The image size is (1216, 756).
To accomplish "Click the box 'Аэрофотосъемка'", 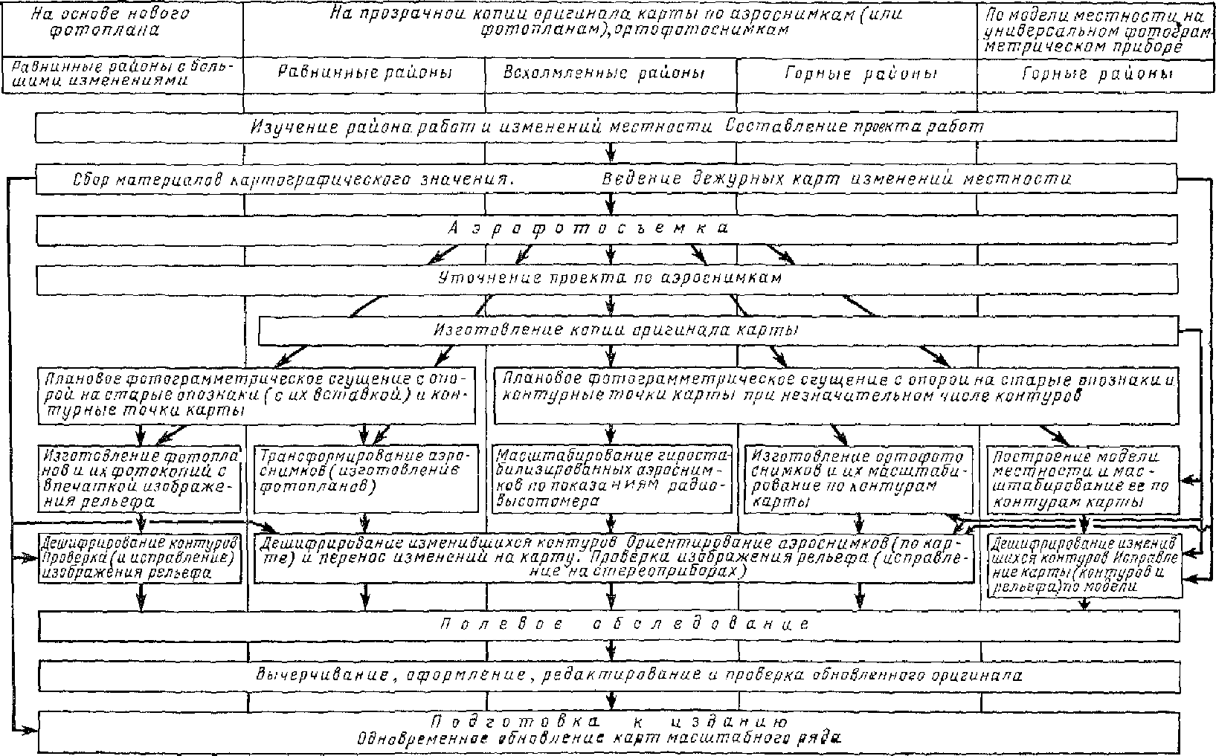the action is point(606,229).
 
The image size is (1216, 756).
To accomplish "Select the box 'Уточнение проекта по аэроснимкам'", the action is point(606,280).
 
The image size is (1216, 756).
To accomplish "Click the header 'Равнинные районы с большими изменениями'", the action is point(122,74).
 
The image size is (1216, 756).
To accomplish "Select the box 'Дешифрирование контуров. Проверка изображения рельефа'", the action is point(141,558).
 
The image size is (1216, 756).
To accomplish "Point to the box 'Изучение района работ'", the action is point(606,128).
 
